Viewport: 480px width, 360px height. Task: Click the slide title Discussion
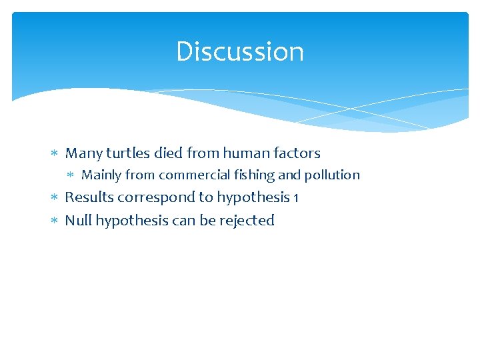tap(239, 52)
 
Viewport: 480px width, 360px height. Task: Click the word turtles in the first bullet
tap(127, 153)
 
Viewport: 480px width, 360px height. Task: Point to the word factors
tap(296, 153)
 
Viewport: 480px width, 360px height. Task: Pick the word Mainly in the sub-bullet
tap(101, 175)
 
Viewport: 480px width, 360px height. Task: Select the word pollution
tap(332, 175)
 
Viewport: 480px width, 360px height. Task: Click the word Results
tap(89, 197)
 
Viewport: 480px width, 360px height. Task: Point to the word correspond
tap(154, 198)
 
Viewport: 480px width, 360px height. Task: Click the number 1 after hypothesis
tap(295, 198)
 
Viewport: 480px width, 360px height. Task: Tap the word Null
tap(78, 221)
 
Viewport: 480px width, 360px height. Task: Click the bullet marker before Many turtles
tap(55, 154)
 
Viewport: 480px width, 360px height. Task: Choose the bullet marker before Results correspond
tap(55, 198)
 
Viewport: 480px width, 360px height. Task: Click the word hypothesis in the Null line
tap(131, 221)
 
